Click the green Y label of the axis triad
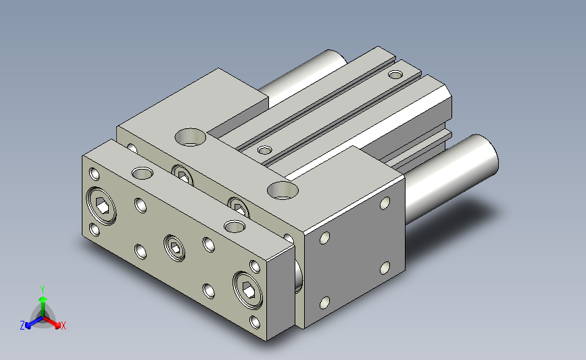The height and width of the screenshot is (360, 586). pyautogui.click(x=42, y=290)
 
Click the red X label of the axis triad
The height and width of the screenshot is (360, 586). pyautogui.click(x=63, y=326)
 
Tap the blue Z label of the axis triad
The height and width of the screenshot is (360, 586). pyautogui.click(x=22, y=326)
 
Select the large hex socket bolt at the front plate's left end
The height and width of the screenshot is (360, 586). pyautogui.click(x=101, y=206)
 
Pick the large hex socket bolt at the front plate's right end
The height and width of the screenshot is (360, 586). pyautogui.click(x=248, y=290)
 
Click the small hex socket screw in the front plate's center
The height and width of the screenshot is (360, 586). pyautogui.click(x=174, y=248)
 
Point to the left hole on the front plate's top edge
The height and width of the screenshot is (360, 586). pyautogui.click(x=142, y=173)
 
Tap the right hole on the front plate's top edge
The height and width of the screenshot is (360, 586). pyautogui.click(x=235, y=226)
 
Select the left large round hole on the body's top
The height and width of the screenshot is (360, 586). pyautogui.click(x=190, y=137)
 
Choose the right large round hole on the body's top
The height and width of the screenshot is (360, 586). pyautogui.click(x=283, y=190)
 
